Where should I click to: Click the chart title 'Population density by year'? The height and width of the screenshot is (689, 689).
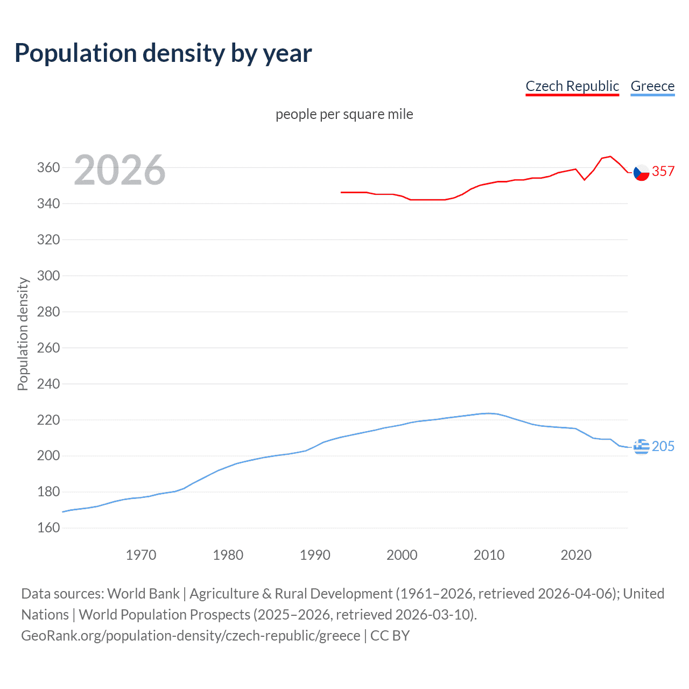pyautogui.click(x=163, y=53)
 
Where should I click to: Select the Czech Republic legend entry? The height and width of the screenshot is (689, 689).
pyautogui.click(x=572, y=86)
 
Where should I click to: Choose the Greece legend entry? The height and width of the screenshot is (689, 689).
pyautogui.click(x=652, y=86)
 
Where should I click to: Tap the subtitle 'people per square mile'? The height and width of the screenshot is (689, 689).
pyautogui.click(x=344, y=114)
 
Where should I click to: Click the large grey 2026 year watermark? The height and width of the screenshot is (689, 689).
pyautogui.click(x=119, y=170)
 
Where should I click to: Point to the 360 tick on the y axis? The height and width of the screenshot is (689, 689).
pyautogui.click(x=48, y=167)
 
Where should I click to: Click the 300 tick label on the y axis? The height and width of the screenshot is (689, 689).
pyautogui.click(x=48, y=276)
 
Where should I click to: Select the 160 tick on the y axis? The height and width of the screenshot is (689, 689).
pyautogui.click(x=48, y=528)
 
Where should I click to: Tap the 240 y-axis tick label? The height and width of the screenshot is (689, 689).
pyautogui.click(x=48, y=384)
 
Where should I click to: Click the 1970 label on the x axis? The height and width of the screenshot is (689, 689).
pyautogui.click(x=141, y=555)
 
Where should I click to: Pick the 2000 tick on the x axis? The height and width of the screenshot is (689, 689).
pyautogui.click(x=402, y=555)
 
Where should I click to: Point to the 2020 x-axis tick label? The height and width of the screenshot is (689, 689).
pyautogui.click(x=576, y=555)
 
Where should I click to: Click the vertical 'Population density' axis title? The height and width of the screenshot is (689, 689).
pyautogui.click(x=23, y=334)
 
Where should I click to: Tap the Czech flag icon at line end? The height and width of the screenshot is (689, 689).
pyautogui.click(x=641, y=172)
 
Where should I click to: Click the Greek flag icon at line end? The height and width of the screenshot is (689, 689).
pyautogui.click(x=641, y=446)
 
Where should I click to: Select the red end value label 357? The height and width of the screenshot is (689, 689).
pyautogui.click(x=663, y=171)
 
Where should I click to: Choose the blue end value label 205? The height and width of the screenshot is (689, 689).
pyautogui.click(x=663, y=446)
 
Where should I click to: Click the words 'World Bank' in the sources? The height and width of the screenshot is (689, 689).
pyautogui.click(x=143, y=593)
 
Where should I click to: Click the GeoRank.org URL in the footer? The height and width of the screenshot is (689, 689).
pyautogui.click(x=191, y=635)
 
